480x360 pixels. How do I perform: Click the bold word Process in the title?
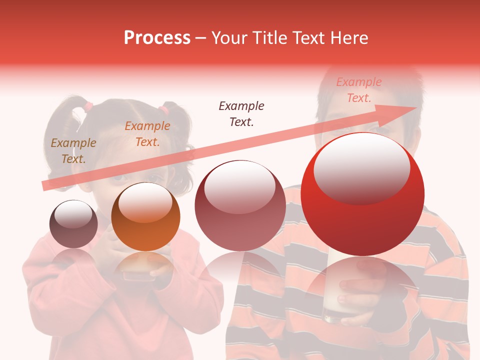click(x=157, y=37)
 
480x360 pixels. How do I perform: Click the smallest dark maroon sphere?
click(x=73, y=223)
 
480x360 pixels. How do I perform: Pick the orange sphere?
click(x=145, y=216)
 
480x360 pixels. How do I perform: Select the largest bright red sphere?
click(x=362, y=194)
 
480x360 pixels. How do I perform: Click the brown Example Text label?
click(x=73, y=151)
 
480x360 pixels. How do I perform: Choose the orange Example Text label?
click(x=147, y=134)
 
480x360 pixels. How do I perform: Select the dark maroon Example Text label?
click(x=241, y=113)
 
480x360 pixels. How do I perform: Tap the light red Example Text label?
click(x=359, y=90)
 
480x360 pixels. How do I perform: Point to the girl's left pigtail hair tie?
click(x=88, y=106)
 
